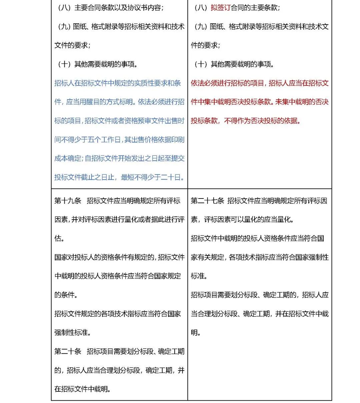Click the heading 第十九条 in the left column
pyautogui.click(x=68, y=201)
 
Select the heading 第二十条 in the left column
pyautogui.click(x=68, y=351)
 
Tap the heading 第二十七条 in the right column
pyautogui.click(x=207, y=201)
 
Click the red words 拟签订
pyautogui.click(x=220, y=8)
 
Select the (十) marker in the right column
pyautogui.click(x=201, y=64)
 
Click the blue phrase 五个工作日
pyautogui.click(x=104, y=140)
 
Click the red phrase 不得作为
pyautogui.click(x=237, y=121)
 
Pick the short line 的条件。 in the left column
pyautogui.click(x=66, y=295)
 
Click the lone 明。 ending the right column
pyautogui.click(x=196, y=332)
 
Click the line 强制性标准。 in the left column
pyautogui.click(x=73, y=332)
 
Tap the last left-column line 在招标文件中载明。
pyautogui.click(x=83, y=389)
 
